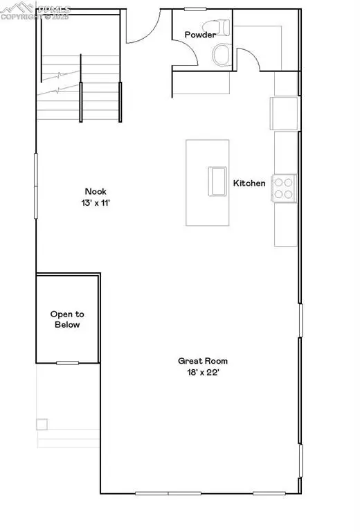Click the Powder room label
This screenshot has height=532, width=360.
200,35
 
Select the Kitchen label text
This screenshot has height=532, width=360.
249,184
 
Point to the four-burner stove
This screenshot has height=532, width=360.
284,188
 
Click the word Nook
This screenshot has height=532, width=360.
96,192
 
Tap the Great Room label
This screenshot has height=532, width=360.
203,361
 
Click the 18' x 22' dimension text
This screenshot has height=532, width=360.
203,372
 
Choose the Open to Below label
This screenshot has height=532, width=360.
66,319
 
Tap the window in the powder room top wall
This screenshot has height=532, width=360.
195,9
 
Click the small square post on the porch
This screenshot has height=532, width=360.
42,424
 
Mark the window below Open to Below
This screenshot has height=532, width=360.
67,363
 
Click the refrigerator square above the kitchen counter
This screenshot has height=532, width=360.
285,111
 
